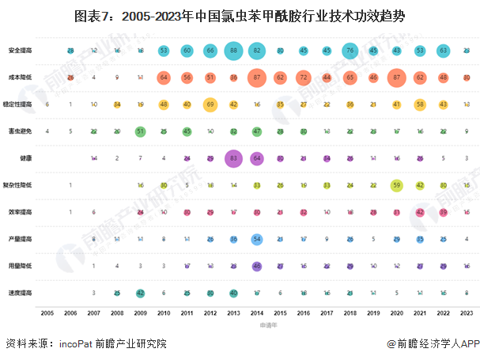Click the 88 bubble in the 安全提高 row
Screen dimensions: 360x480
point(233,50)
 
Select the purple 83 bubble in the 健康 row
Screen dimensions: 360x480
point(233,158)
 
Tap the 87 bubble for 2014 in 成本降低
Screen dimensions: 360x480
point(257,78)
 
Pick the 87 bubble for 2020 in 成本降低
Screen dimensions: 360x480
point(397,78)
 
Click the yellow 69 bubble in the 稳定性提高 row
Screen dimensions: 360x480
point(210,104)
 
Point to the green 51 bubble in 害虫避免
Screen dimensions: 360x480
point(140,131)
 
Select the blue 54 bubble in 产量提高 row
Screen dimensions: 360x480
point(257,239)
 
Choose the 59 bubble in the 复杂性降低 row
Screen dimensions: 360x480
point(397,185)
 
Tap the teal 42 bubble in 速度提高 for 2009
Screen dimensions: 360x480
point(140,293)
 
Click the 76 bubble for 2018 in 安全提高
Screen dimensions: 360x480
point(350,50)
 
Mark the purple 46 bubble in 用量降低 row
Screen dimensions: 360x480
point(257,266)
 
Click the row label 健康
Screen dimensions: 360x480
point(25,158)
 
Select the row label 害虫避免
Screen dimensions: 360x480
point(21,131)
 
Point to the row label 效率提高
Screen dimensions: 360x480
point(21,212)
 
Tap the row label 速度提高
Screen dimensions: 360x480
point(21,293)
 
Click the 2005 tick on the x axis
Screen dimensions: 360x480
point(47,313)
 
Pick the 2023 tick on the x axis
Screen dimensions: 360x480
point(467,313)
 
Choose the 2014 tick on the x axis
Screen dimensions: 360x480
point(257,313)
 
